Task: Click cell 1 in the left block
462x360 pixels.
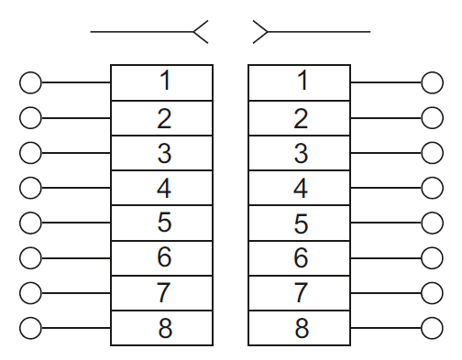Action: pyautogui.click(x=161, y=82)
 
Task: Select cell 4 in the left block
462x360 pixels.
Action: pyautogui.click(x=161, y=187)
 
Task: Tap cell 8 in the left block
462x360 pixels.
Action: pyautogui.click(x=161, y=328)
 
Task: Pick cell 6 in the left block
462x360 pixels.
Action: pyautogui.click(x=161, y=257)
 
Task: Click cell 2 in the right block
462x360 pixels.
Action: pyautogui.click(x=300, y=117)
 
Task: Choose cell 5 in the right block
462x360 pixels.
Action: pyautogui.click(x=300, y=223)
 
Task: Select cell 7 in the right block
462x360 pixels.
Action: pyautogui.click(x=300, y=293)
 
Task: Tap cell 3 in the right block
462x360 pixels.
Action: pyautogui.click(x=300, y=152)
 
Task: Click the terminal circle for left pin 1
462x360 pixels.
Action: pyautogui.click(x=30, y=82)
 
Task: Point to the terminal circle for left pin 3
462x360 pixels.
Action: pyautogui.click(x=30, y=152)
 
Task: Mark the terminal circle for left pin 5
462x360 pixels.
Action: pyautogui.click(x=30, y=223)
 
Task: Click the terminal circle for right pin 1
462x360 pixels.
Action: pyautogui.click(x=432, y=82)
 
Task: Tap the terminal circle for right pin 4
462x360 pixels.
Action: pyautogui.click(x=432, y=188)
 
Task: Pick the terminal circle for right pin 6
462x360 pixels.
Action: pyautogui.click(x=432, y=258)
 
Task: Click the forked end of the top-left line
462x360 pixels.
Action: pyautogui.click(x=201, y=33)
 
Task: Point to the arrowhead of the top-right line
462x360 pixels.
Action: pyautogui.click(x=260, y=33)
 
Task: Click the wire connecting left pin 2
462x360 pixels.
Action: pyautogui.click(x=76, y=117)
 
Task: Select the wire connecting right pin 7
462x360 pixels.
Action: pyautogui.click(x=385, y=293)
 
